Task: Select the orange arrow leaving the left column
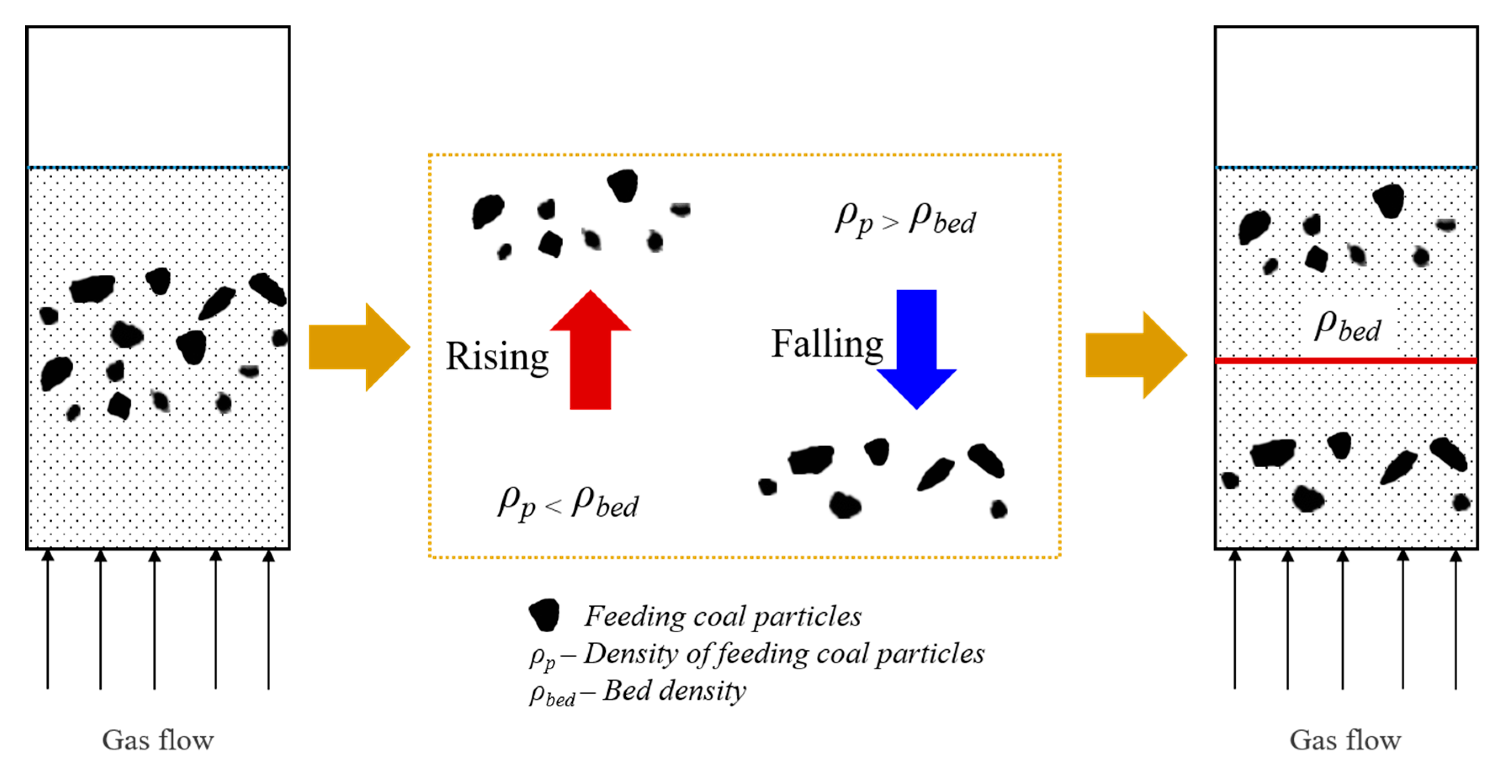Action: coord(358,347)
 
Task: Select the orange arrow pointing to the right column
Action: coord(1135,355)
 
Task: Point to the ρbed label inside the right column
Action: coord(1347,327)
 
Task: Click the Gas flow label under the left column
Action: coord(158,740)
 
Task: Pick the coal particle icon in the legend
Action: coord(545,615)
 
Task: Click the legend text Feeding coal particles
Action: coord(723,616)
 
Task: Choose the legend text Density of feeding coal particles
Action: coord(784,653)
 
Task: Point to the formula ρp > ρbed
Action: coord(906,220)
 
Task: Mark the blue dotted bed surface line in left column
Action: coord(158,168)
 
